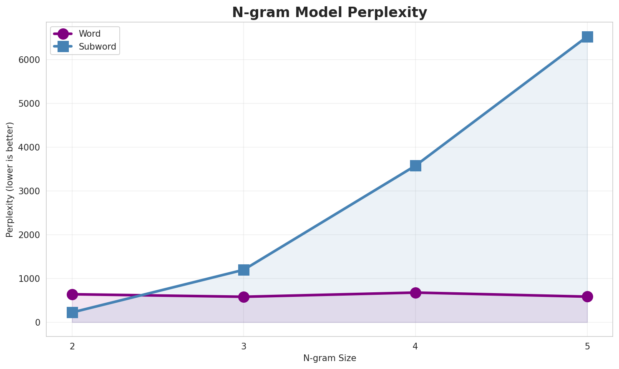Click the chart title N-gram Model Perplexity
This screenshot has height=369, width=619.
tap(330, 13)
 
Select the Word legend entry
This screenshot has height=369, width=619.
tap(89, 34)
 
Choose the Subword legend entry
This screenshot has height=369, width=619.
tap(97, 47)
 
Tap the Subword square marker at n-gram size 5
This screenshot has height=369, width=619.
tap(587, 37)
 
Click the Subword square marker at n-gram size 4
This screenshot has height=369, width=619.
tap(415, 166)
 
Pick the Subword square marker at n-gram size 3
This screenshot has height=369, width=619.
tap(244, 270)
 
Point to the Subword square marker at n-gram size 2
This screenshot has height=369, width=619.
tap(72, 312)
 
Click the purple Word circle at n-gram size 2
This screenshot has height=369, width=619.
tap(72, 294)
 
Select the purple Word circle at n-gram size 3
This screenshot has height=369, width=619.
tap(244, 297)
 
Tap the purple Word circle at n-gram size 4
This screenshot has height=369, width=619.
tap(415, 293)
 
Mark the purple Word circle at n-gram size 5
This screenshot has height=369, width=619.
tap(587, 296)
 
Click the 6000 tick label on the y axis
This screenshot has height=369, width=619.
tap(29, 60)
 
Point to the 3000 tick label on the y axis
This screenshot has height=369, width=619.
tap(29, 191)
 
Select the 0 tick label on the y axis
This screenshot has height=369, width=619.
tap(38, 322)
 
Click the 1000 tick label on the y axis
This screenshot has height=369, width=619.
tap(29, 279)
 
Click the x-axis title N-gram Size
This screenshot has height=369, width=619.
tap(330, 358)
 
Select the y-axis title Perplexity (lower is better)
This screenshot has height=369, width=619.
tap(10, 179)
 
